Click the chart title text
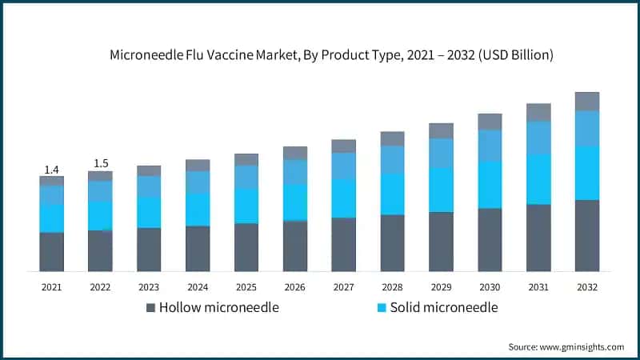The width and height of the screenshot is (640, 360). [x=331, y=55]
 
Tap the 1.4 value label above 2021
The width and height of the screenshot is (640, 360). [x=51, y=170]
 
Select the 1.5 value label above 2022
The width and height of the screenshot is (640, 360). [x=100, y=164]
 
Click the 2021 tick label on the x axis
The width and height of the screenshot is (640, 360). [x=51, y=286]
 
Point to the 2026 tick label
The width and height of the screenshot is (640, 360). [x=295, y=286]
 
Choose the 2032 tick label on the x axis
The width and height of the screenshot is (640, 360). [x=586, y=286]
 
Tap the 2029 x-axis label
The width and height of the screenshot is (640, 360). [x=441, y=286]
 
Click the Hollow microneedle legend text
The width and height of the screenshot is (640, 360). [x=218, y=307]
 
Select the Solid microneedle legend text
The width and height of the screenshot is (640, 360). [x=443, y=307]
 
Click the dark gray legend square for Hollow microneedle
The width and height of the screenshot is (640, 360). [x=150, y=308]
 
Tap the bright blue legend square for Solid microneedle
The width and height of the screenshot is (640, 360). [x=382, y=308]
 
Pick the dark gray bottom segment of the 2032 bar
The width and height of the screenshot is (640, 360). [x=586, y=235]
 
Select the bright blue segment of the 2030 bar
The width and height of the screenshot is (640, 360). [x=490, y=184]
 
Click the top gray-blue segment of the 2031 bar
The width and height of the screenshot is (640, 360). [x=538, y=112]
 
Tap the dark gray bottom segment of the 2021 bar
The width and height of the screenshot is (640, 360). [x=51, y=252]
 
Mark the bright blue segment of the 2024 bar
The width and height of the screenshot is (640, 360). [x=198, y=209]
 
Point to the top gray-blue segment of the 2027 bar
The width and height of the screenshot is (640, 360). [x=344, y=146]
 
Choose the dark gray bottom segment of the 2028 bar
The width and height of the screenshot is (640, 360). [x=392, y=243]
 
